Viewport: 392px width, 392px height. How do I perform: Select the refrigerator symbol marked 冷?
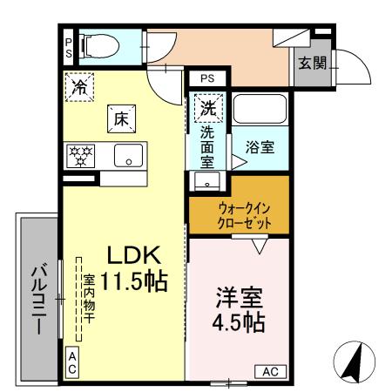79,86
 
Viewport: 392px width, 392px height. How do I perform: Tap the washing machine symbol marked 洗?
209,109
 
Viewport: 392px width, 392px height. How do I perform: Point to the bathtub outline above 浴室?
260,110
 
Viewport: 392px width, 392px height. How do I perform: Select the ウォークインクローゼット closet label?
239,215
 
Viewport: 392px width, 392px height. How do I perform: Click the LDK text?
133,255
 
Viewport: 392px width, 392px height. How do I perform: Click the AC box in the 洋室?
270,372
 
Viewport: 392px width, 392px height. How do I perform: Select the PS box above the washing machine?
206,78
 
